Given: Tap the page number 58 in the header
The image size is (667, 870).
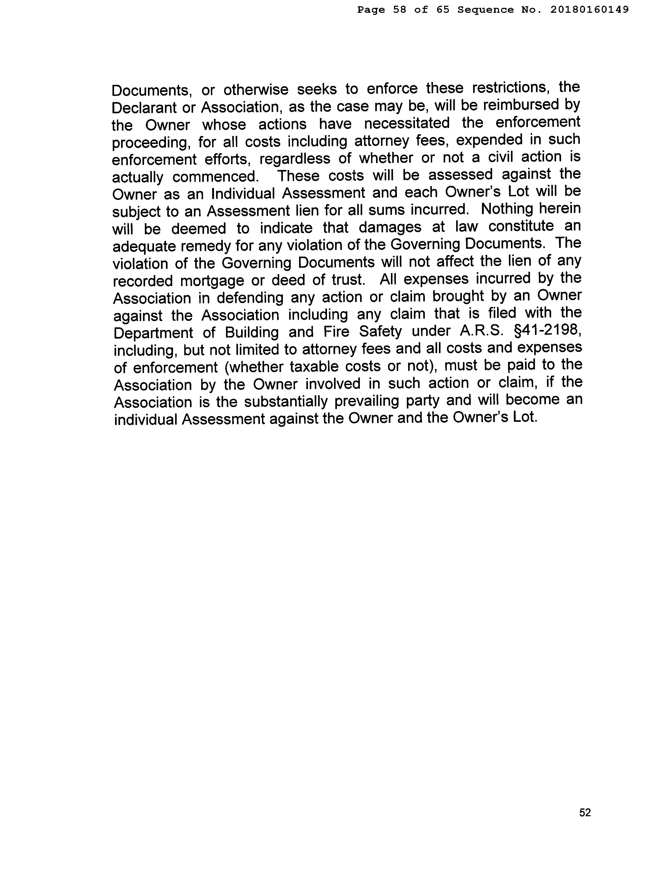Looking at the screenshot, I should tap(400, 10).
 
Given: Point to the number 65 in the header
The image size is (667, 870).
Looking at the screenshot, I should tap(443, 10).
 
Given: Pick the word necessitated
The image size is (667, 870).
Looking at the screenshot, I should tap(407, 123).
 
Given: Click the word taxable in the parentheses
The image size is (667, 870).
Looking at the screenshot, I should tap(313, 366).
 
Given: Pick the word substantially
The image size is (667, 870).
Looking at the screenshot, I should tap(285, 401).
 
